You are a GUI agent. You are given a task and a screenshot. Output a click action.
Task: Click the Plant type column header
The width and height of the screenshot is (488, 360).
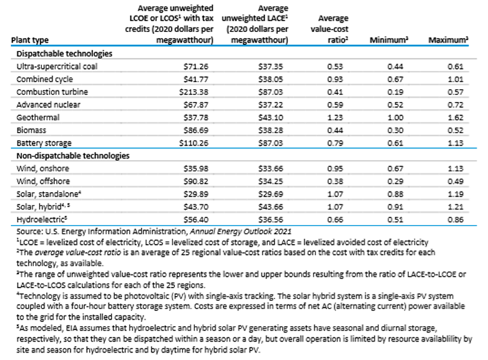(x=30, y=40)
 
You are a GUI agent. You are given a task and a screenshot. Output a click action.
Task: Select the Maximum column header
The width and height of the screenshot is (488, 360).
(x=448, y=40)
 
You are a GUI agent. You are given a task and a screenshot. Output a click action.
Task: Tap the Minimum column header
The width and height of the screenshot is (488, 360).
(x=389, y=40)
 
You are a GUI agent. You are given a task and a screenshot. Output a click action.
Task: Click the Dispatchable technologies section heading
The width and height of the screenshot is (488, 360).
(x=64, y=54)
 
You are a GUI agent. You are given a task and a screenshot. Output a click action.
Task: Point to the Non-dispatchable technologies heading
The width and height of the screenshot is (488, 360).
(x=73, y=156)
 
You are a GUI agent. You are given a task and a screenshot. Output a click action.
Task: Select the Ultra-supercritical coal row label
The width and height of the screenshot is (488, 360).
(x=57, y=66)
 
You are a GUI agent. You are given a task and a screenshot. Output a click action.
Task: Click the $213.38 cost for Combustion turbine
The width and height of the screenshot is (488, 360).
(x=194, y=92)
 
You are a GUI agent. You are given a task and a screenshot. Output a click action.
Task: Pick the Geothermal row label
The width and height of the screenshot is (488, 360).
(x=38, y=117)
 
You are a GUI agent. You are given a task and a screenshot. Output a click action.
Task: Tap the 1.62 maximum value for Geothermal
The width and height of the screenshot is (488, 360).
(x=455, y=117)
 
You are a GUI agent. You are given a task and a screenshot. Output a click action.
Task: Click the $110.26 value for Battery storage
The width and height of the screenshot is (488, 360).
(x=194, y=143)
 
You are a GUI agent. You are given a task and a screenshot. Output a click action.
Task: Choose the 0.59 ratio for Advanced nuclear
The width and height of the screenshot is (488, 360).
(x=335, y=104)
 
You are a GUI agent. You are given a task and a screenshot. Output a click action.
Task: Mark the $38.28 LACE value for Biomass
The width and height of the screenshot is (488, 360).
(x=271, y=130)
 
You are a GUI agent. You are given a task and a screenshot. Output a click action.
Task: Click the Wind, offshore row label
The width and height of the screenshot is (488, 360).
(x=43, y=181)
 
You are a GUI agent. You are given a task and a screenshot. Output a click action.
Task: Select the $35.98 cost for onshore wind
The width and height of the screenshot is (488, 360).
(x=196, y=169)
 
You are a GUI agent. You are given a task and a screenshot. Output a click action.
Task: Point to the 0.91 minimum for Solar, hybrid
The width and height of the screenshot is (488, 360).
(x=395, y=207)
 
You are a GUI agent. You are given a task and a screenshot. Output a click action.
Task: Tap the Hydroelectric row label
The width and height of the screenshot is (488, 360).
(x=41, y=219)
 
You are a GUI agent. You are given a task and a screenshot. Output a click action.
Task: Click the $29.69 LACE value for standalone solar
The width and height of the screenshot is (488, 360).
(x=271, y=194)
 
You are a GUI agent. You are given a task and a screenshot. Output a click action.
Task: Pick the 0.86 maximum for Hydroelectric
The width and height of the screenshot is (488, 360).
(x=455, y=219)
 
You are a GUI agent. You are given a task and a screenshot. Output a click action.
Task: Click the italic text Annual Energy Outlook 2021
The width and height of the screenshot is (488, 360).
(x=241, y=232)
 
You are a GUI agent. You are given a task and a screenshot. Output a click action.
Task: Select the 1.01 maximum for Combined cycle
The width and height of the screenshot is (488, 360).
(x=455, y=79)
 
